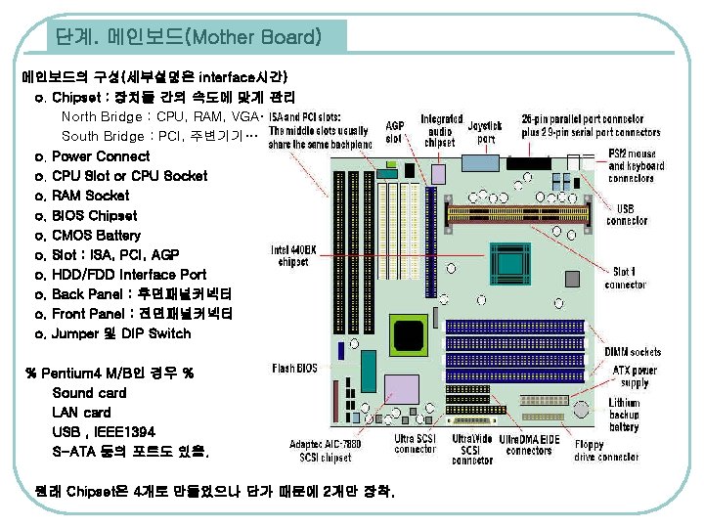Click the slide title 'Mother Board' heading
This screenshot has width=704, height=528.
point(188,38)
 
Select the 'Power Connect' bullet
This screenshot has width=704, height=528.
point(101,156)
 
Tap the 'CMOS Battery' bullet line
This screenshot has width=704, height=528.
point(96,236)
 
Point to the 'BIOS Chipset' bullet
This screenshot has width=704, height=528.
point(94,216)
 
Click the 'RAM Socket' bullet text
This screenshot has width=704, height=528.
point(90,196)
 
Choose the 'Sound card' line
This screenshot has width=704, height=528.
point(89,393)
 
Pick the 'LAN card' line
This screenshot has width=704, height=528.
point(81,413)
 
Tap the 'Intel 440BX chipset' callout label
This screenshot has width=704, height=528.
point(294,255)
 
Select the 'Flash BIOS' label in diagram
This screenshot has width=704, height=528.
point(294,369)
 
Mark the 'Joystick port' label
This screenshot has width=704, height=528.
point(484,132)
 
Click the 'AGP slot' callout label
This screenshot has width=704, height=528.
point(395,132)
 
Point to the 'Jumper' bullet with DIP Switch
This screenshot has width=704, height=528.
point(121,334)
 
